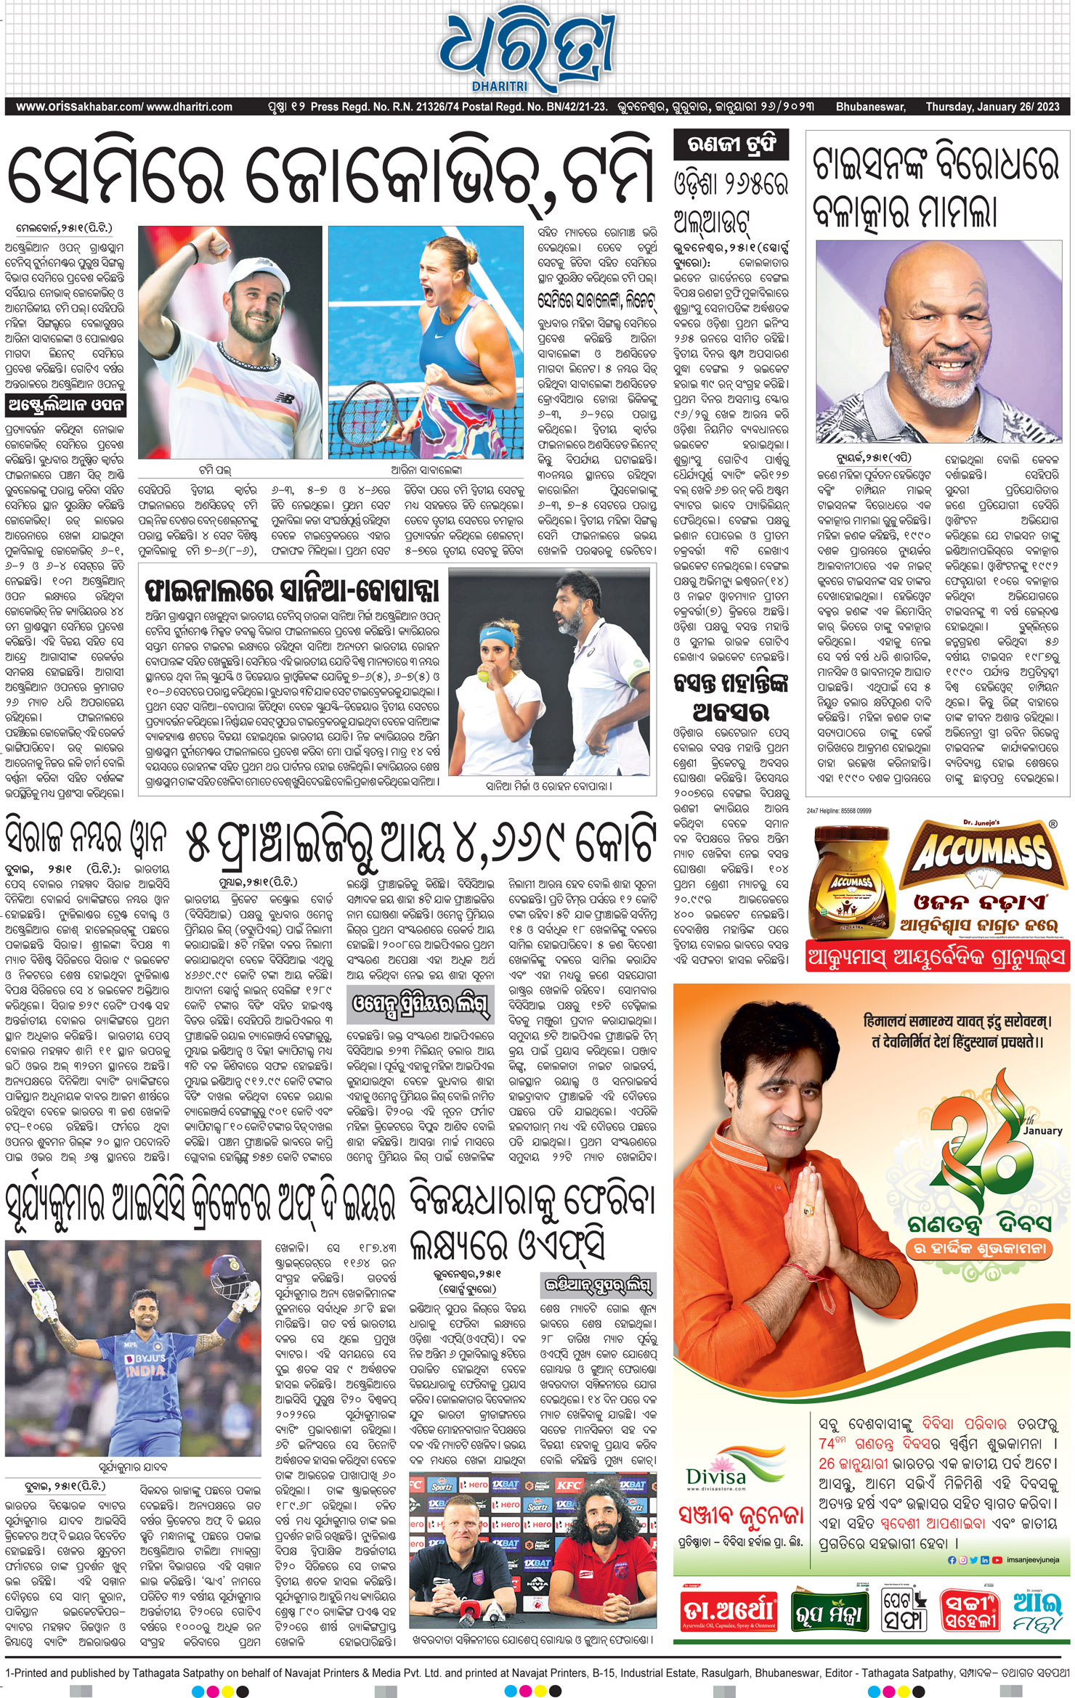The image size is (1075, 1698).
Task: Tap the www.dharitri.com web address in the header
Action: point(190,107)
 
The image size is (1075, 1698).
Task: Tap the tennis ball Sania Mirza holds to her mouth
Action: point(482,676)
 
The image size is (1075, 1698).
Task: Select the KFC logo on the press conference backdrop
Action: point(569,1485)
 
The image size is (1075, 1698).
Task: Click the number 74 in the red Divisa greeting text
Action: point(827,1444)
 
